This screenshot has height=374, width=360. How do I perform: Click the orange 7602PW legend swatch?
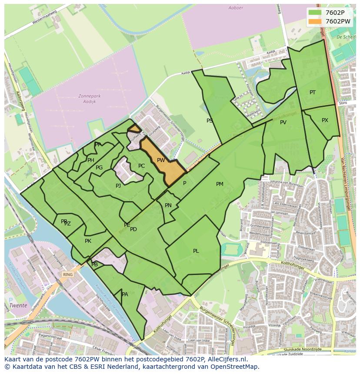[x=315, y=21]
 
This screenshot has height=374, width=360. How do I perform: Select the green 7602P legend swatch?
[x=315, y=13]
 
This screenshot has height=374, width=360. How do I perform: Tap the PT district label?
[x=313, y=93]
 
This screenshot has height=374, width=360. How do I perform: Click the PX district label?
[x=325, y=120]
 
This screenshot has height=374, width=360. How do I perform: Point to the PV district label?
[x=283, y=122]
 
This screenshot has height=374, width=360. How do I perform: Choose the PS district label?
[x=210, y=121]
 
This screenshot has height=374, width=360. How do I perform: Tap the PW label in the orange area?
[x=161, y=160]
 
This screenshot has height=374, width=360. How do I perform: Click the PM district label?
[x=220, y=184]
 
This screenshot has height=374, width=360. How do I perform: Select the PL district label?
[x=196, y=251]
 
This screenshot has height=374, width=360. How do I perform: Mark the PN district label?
[x=168, y=205]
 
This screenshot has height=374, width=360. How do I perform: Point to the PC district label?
[x=141, y=166]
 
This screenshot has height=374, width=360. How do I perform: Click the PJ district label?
[x=118, y=186]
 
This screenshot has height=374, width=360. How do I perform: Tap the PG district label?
[x=99, y=168]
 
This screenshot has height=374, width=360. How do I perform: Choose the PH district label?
[x=91, y=160]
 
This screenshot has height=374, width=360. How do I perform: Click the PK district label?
[x=88, y=241]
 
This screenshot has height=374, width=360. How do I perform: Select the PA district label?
[x=125, y=295]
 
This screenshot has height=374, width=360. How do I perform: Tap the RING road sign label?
[x=67, y=275]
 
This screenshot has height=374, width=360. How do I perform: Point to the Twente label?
[x=18, y=305]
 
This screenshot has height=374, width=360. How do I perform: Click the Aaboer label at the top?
[x=236, y=8]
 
